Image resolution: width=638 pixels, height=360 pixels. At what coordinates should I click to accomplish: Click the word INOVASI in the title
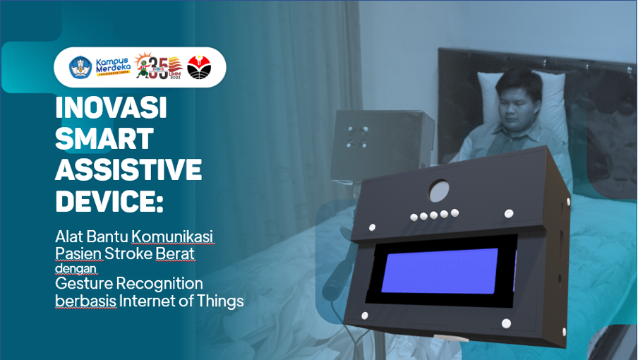111,107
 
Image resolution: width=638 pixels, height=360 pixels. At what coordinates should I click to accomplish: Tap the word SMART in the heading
104,138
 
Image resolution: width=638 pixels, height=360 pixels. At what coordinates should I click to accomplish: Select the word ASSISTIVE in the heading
128,169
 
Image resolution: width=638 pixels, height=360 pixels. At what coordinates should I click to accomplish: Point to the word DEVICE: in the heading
109,200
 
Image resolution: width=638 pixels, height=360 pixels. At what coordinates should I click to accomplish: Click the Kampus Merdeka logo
113,67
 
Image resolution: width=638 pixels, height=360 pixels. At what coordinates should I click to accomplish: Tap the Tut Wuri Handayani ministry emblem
80,67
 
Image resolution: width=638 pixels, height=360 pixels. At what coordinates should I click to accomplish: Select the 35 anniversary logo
159,66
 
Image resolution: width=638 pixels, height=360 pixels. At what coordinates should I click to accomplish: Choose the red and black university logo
199,67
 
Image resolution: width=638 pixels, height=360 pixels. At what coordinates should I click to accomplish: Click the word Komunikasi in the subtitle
172,236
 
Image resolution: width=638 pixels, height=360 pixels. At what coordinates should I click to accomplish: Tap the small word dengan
76,268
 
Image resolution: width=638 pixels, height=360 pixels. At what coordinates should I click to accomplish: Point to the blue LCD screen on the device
440,270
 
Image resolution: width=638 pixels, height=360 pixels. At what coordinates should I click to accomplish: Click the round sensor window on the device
439,191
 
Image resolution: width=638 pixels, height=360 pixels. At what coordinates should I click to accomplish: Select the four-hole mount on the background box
357,136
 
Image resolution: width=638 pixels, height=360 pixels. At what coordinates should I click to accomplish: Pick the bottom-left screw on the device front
365,316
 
